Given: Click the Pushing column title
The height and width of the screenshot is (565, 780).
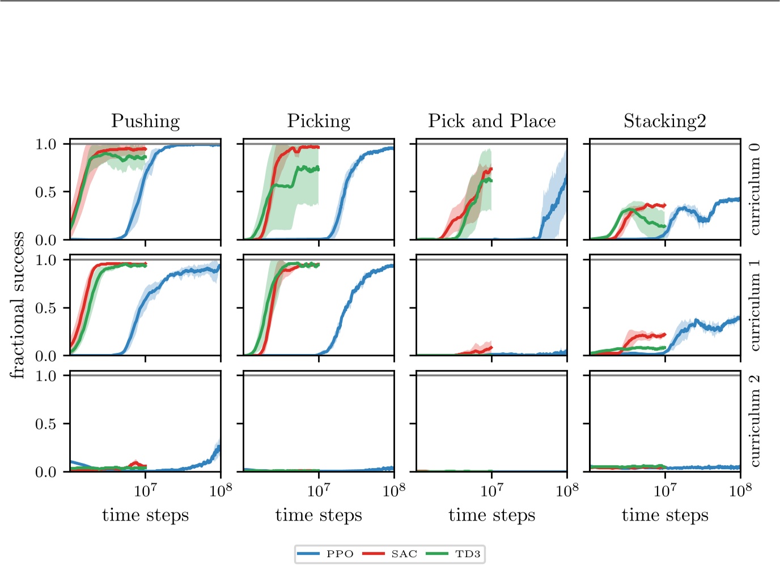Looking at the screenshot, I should click(x=145, y=121).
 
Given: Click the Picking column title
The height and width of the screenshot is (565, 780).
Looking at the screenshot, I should click(x=319, y=121).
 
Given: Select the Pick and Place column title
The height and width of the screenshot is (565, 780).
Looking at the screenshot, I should click(x=491, y=121).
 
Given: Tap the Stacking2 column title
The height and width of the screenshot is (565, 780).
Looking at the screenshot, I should click(x=665, y=121).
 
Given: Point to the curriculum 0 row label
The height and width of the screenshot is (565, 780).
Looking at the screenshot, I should click(x=754, y=189).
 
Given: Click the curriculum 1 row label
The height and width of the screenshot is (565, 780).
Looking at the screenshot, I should click(x=754, y=305).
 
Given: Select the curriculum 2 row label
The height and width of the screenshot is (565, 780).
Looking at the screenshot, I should click(x=754, y=421).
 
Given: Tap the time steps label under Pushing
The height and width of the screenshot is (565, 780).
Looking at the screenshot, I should click(x=145, y=515).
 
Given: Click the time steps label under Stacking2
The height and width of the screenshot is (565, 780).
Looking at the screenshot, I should click(x=665, y=515).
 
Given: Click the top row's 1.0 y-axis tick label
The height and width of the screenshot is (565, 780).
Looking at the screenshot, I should click(x=46, y=144).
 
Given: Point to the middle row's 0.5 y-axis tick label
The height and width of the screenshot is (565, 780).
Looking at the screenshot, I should click(x=46, y=308).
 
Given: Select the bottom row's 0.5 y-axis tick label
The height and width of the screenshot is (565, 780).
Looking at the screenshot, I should click(x=46, y=424).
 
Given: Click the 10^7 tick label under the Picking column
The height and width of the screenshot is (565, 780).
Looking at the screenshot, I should click(x=319, y=490).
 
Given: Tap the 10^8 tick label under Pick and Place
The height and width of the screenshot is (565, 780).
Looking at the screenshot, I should click(x=567, y=490).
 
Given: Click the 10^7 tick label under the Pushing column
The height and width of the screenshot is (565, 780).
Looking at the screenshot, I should click(x=145, y=490).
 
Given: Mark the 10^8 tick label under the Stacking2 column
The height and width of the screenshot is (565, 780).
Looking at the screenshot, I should click(x=740, y=490).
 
